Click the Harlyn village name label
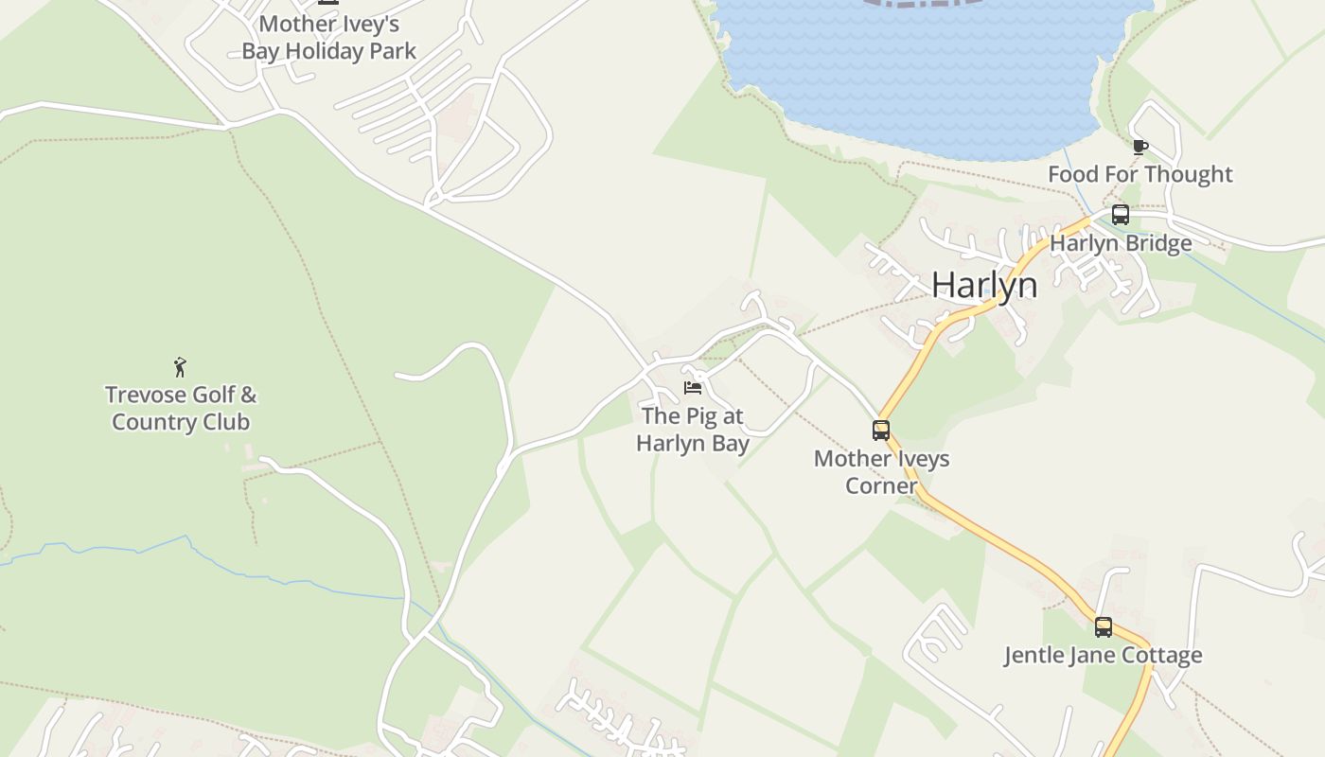984,285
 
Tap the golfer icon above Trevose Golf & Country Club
180,366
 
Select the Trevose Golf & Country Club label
180,408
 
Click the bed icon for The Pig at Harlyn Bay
693,388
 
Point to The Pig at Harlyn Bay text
693,430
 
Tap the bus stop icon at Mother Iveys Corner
881,431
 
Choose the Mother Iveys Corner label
881,472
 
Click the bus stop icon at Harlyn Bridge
1121,215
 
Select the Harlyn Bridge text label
1121,243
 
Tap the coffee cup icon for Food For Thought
1140,147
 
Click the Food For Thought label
1140,174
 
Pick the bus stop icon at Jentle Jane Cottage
1104,626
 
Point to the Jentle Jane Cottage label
1104,655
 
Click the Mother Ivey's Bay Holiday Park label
329,37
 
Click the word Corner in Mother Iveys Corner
881,486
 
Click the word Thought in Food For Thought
1192,174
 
